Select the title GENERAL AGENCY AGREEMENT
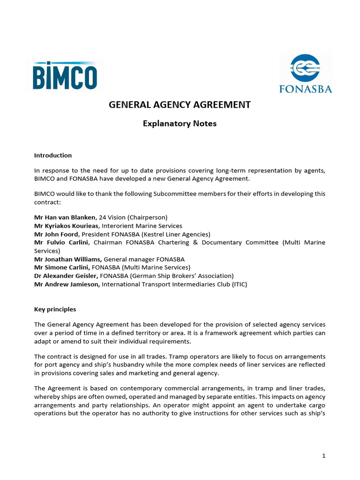(x=180, y=105)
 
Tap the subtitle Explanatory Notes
(x=180, y=124)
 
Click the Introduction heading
(x=53, y=155)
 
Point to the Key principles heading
(x=55, y=309)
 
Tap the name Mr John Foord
(x=57, y=234)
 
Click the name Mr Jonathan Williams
(x=67, y=259)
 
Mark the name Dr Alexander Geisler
(x=66, y=276)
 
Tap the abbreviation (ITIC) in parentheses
(x=238, y=284)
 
